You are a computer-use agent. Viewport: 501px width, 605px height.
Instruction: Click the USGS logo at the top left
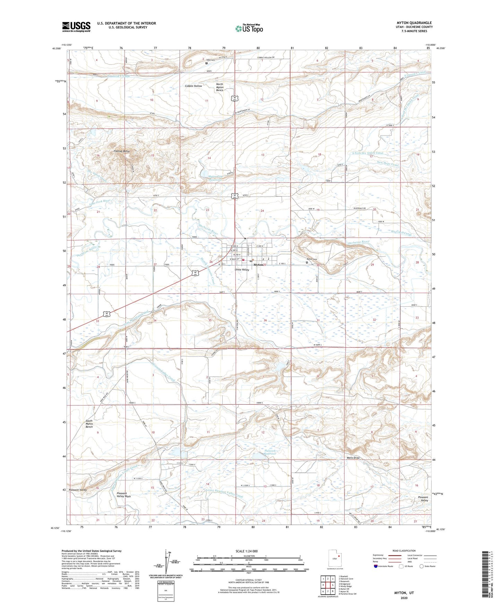[76, 27]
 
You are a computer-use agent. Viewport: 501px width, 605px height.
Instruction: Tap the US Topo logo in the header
[249, 28]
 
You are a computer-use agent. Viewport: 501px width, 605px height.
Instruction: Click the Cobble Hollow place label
[193, 86]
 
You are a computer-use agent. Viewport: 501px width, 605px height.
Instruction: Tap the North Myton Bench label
[219, 87]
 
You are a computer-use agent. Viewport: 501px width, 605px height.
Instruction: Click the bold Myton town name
[258, 265]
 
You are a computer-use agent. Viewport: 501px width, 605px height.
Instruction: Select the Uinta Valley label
[242, 270]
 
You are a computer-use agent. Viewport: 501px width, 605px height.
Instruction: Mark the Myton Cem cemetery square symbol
[306, 262]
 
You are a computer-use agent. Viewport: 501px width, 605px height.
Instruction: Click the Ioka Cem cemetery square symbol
[206, 63]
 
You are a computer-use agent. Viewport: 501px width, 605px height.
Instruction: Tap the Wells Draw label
[353, 458]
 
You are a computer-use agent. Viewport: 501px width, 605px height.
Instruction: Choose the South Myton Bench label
[89, 424]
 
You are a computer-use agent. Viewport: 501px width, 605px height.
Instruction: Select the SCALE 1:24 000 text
[247, 551]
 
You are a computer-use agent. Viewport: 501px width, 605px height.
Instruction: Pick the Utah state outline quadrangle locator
[335, 559]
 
